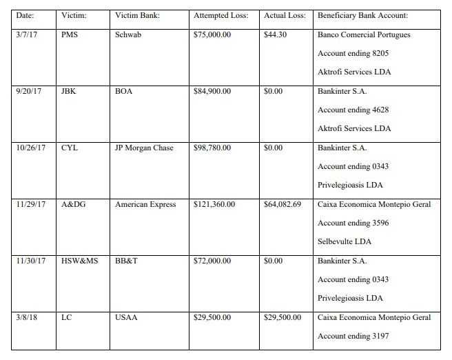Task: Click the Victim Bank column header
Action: click(x=137, y=16)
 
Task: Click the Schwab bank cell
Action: click(x=127, y=34)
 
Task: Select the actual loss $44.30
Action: click(x=275, y=34)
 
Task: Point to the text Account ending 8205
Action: click(x=353, y=53)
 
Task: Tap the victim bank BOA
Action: click(x=123, y=91)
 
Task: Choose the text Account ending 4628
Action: click(x=353, y=110)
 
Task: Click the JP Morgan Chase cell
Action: click(x=144, y=148)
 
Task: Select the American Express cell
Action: click(x=145, y=204)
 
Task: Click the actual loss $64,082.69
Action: click(x=282, y=204)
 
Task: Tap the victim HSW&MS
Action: click(x=80, y=261)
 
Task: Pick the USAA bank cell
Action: click(x=125, y=317)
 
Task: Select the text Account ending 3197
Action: click(x=353, y=336)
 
